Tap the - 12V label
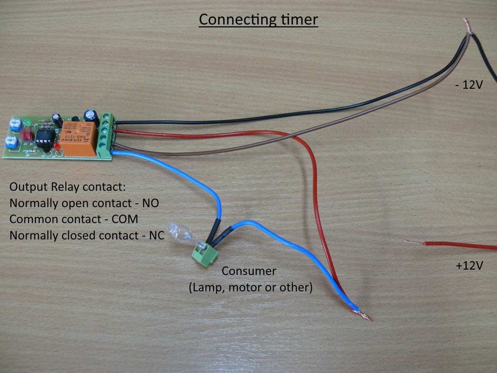click(x=469, y=86)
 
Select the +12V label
click(x=469, y=265)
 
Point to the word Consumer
click(x=249, y=271)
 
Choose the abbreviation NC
click(x=156, y=236)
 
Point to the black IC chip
click(x=44, y=137)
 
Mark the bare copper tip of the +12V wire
click(x=412, y=242)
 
